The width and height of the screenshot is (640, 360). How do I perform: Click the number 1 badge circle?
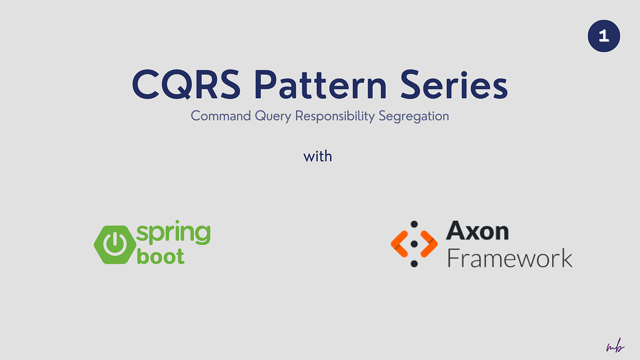[x=604, y=36]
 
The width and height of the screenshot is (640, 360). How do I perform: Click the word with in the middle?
[x=318, y=157]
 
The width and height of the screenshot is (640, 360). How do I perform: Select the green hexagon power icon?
[x=113, y=245]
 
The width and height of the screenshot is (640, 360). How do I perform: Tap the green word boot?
[x=161, y=257]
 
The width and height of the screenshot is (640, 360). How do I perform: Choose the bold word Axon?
[x=477, y=231]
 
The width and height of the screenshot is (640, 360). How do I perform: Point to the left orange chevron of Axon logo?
[x=400, y=243]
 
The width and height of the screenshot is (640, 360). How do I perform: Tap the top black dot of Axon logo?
[x=414, y=225]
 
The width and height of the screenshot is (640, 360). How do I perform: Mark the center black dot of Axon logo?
[x=414, y=244]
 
